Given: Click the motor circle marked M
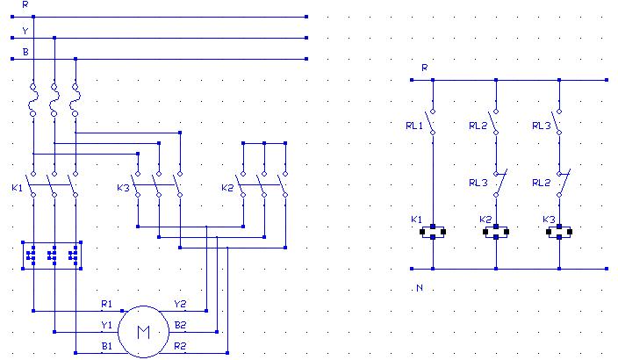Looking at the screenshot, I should [142, 332].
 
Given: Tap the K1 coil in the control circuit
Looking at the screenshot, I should [432, 233].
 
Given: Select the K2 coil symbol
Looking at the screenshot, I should [496, 233].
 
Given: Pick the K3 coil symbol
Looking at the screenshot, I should [560, 233].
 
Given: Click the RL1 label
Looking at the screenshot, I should [413, 126].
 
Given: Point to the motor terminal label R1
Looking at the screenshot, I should [106, 304].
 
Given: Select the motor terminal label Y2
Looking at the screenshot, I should [179, 304].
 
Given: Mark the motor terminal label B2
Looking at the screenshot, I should [179, 325].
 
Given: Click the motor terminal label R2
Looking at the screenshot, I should [179, 347].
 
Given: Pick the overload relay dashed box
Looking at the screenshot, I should [54, 255].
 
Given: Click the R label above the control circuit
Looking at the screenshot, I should [424, 67].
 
